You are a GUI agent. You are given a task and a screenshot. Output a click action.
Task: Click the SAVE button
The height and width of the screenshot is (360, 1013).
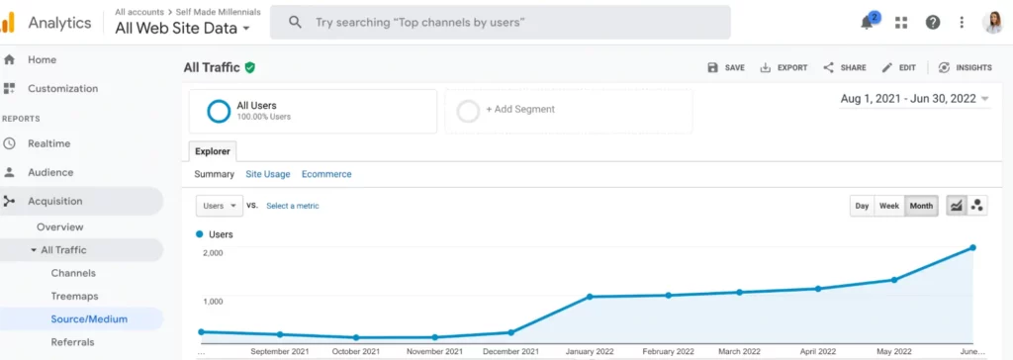pos(726,68)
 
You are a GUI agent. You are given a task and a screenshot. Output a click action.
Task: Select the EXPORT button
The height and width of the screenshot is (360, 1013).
pos(783,68)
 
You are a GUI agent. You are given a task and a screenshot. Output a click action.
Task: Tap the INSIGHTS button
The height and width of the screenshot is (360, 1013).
pos(965,68)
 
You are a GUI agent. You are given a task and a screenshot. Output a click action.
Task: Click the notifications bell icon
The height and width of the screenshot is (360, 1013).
pos(868,22)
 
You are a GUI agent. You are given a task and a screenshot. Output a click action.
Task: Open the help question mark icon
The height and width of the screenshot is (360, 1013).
pos(932,22)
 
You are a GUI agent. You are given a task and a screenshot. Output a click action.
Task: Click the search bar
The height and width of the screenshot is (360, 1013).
pos(500,22)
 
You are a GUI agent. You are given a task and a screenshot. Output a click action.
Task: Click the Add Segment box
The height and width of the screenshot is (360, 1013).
pos(569,110)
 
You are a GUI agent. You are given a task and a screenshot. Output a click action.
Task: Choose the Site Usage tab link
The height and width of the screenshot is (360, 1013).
pos(268,174)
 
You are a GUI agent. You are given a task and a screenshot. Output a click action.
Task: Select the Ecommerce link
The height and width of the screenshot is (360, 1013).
pos(326,174)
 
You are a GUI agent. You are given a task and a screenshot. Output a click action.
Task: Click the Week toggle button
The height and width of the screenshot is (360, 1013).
pos(889,206)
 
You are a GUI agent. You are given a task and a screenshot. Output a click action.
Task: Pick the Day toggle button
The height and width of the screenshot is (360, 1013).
pos(862,206)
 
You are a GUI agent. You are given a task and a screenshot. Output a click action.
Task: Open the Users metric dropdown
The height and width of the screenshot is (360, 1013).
pos(220,206)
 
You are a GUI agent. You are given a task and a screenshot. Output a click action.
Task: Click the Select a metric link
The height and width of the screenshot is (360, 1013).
pos(293,206)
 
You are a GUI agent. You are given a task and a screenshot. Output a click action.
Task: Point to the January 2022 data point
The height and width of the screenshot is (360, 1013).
pos(590,297)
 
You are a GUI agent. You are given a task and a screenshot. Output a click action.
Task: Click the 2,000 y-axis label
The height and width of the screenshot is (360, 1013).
pos(214,253)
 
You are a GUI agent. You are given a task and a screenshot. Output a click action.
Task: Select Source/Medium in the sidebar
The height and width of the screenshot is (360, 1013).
pos(89,318)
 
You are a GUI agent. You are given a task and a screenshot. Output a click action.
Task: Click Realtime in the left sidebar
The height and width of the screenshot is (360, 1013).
pos(48,143)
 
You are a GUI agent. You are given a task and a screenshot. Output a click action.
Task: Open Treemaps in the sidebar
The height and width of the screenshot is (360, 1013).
pos(73,296)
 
